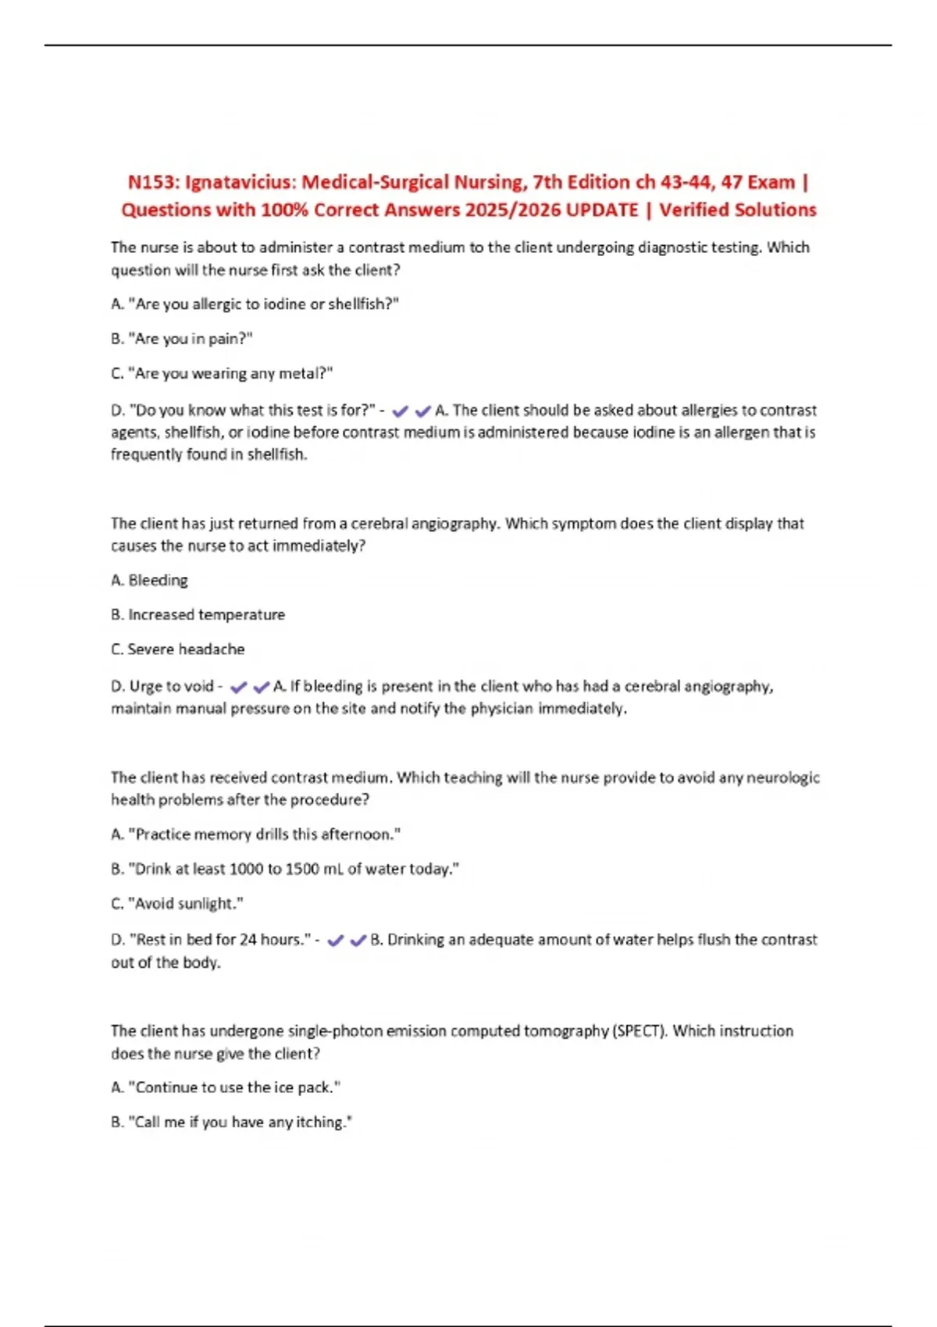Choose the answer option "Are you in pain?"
[x=182, y=339]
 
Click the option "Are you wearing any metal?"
[x=222, y=374]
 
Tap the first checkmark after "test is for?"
[x=401, y=411]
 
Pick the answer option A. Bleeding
[x=149, y=580]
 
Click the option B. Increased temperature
[x=198, y=615]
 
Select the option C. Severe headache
[x=177, y=649]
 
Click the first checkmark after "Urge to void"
[x=239, y=688]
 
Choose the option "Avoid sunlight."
[x=177, y=904]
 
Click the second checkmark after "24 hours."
[x=358, y=941]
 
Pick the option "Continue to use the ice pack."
[x=226, y=1087]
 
